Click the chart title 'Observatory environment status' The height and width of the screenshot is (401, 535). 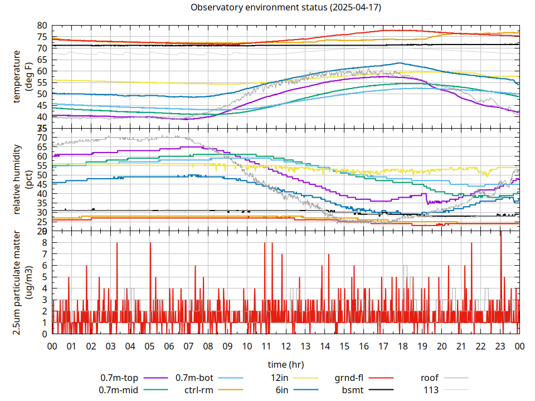coord(285,8)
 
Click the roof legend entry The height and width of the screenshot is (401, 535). coord(430,378)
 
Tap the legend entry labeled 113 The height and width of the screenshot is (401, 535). coord(431,390)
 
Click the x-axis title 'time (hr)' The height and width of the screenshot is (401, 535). coord(285,364)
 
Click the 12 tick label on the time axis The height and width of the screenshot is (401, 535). coord(285,346)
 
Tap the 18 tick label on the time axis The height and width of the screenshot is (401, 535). coord(402,346)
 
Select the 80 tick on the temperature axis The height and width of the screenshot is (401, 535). coord(42,26)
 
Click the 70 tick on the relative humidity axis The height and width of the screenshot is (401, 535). coord(42,138)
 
